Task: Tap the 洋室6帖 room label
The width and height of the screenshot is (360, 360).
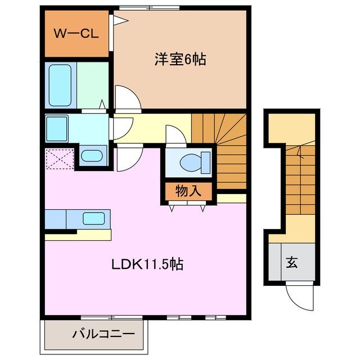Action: point(179,59)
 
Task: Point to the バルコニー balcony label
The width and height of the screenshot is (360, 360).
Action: point(103,334)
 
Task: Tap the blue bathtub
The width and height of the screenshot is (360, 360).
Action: point(60,85)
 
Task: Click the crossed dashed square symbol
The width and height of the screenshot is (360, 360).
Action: point(60,158)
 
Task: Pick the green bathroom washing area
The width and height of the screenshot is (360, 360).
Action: point(92,84)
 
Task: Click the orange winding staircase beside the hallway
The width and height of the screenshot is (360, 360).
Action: point(225,149)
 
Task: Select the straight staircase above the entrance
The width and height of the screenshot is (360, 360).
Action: point(299,180)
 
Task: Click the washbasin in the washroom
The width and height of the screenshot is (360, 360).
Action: point(56,124)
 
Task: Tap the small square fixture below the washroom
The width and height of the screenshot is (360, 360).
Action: point(91,156)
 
